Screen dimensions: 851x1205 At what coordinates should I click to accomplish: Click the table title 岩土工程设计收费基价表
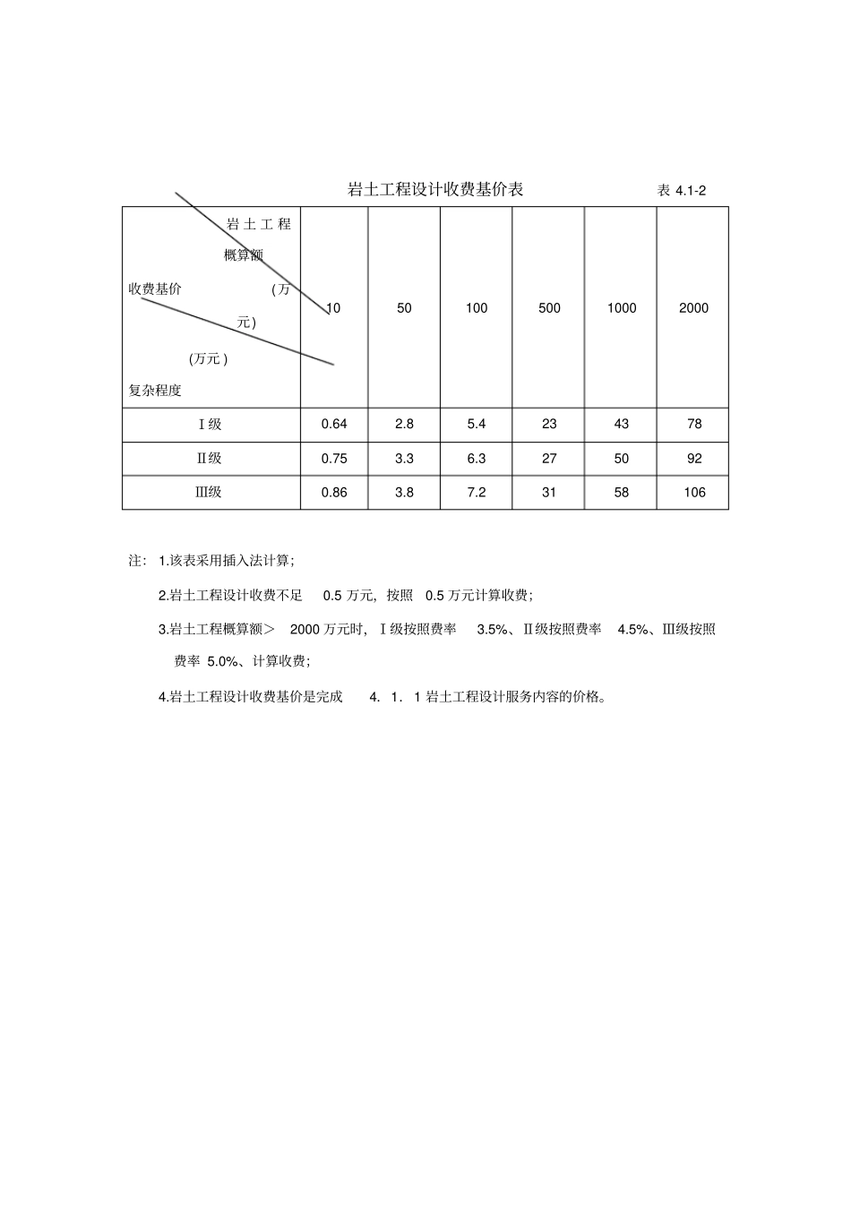pos(435,189)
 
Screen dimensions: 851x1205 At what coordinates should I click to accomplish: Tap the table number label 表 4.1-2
pos(682,190)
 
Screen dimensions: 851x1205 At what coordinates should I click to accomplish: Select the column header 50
pos(404,308)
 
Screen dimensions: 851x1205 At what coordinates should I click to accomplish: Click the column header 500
pos(549,308)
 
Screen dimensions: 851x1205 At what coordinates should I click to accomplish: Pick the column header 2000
pos(693,308)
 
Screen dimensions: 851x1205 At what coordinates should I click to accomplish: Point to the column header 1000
pos(622,308)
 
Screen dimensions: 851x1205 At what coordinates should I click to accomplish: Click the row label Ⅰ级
pos(210,425)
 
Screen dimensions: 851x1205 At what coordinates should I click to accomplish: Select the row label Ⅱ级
pos(210,459)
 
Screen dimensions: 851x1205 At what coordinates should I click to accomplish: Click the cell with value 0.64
pos(334,425)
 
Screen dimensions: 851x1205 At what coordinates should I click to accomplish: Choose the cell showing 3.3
pos(404,459)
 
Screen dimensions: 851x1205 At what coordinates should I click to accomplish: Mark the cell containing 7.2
pos(477,493)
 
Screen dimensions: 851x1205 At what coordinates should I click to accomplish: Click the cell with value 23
pos(549,425)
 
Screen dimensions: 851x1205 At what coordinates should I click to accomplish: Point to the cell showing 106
pos(694,493)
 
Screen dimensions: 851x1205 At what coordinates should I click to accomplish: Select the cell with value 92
pos(694,459)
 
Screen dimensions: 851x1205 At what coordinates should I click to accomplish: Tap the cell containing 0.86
pos(334,493)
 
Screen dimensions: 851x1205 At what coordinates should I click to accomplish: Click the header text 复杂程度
pos(155,391)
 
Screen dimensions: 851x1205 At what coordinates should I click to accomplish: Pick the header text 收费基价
pos(155,288)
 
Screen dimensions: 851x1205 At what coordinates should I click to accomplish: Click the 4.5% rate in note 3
pos(634,629)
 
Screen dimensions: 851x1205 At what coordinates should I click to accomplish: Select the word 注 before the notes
pos(136,561)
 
